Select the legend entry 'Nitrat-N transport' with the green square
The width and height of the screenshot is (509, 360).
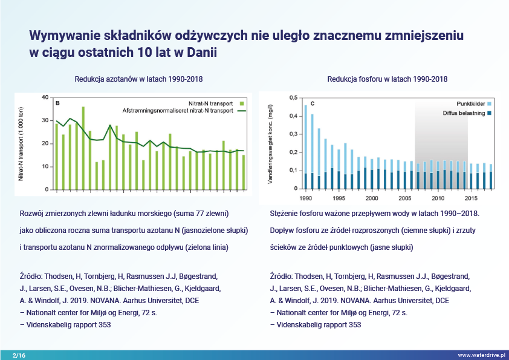211,103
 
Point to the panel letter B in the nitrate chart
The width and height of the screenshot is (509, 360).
57,103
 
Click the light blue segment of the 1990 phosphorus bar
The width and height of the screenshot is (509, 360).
306,139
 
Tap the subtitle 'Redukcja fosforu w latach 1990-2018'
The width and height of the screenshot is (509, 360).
387,79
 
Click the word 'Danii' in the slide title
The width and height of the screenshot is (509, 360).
196,52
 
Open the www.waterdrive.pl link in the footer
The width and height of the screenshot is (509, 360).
481,355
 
